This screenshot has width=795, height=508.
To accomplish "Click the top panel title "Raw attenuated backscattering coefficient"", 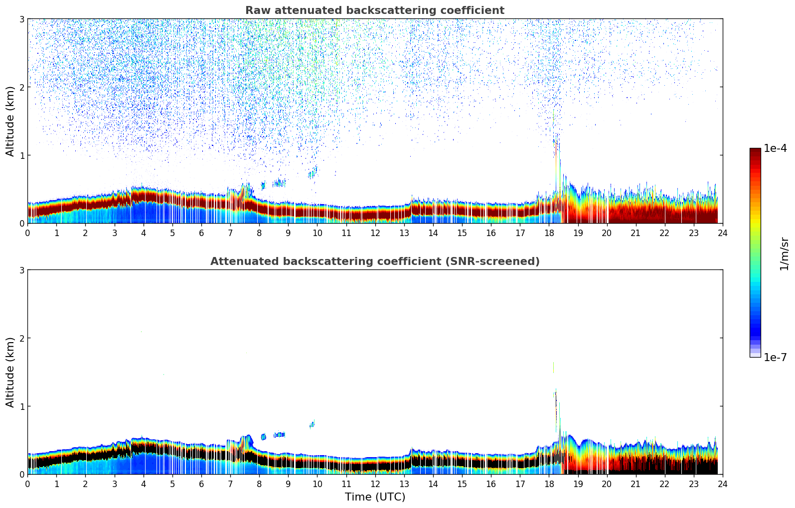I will (x=374, y=10).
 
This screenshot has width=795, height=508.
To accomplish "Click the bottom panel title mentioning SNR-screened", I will (x=374, y=261).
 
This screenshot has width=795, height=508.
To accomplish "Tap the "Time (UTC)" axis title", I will (x=375, y=497).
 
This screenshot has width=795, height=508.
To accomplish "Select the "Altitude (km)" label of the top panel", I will (x=10, y=121).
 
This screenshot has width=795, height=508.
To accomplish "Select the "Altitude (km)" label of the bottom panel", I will (x=10, y=372).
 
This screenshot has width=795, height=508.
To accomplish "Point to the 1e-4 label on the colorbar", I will (x=775, y=148).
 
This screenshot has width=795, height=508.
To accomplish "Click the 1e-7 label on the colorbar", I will (x=775, y=358).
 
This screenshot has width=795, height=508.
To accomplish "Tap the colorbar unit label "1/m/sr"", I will (x=784, y=253).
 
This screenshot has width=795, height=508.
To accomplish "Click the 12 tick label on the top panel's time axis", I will (x=375, y=233).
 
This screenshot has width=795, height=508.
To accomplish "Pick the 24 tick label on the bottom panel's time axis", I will (x=722, y=484).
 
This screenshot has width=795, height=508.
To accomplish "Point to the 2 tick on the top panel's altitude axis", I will (x=22, y=87).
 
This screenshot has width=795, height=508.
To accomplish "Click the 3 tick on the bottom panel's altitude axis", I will (x=22, y=270).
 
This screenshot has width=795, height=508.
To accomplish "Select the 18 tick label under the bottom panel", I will (x=549, y=484).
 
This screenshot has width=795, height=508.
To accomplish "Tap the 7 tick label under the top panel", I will (x=230, y=233).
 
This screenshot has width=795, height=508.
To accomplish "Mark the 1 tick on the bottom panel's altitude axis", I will (x=22, y=406).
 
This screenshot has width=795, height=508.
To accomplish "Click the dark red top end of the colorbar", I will (x=755, y=151).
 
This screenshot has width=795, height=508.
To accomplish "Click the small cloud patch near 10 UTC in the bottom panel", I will (x=312, y=424).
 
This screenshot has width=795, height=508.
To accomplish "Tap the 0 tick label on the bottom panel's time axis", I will (x=27, y=484).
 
